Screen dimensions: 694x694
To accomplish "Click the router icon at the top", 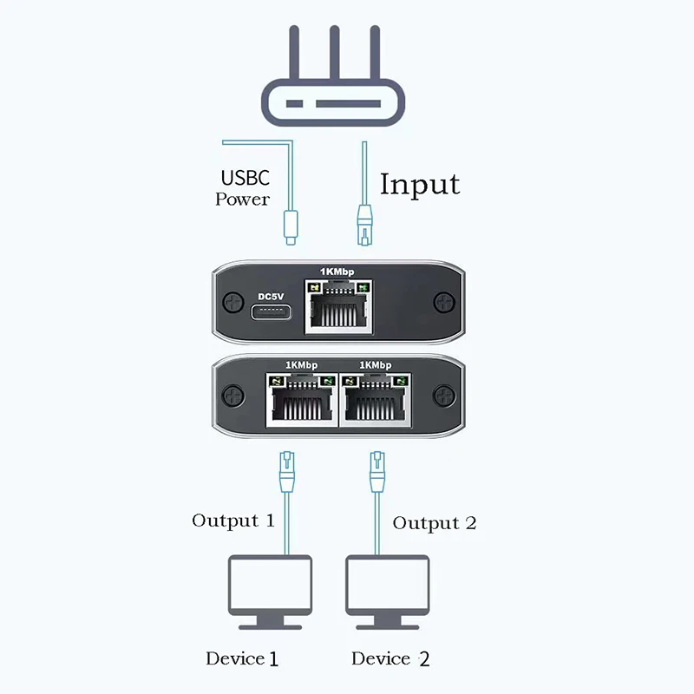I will pyautogui.click(x=334, y=100).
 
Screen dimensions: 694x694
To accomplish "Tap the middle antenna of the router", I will pyautogui.click(x=333, y=52).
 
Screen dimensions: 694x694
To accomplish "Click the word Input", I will pyautogui.click(x=420, y=184).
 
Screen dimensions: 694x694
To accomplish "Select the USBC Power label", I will pyautogui.click(x=245, y=188).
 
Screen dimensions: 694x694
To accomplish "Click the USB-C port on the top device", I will pyautogui.click(x=272, y=313).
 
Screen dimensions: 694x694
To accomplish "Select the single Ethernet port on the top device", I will pyautogui.click(x=338, y=311).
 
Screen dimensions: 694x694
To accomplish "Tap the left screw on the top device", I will pyautogui.click(x=232, y=304).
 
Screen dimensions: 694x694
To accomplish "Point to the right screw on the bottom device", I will pyautogui.click(x=444, y=396).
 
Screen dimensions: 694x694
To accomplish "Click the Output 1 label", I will pyautogui.click(x=232, y=520).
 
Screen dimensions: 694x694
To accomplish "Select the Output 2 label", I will pyautogui.click(x=434, y=523).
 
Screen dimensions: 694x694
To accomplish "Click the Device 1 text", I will pyautogui.click(x=242, y=658).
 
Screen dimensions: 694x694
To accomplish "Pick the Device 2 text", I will pyautogui.click(x=390, y=659).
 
